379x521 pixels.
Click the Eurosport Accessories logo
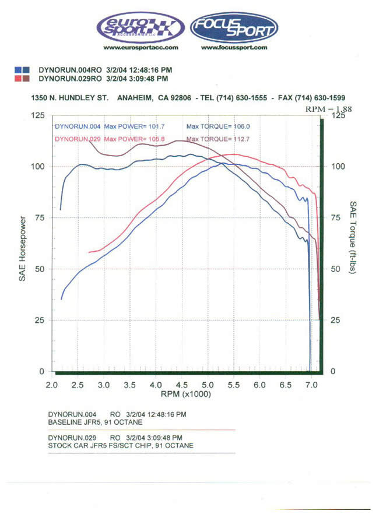140,27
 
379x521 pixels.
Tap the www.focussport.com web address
234,48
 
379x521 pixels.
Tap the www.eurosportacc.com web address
140,48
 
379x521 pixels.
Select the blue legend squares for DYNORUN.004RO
22,69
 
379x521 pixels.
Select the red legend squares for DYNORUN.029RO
22,78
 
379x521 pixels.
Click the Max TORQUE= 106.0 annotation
210,126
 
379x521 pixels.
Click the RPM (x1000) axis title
185,395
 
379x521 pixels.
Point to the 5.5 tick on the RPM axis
234,385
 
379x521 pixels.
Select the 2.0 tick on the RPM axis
52,385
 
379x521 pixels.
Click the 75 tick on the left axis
39,217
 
